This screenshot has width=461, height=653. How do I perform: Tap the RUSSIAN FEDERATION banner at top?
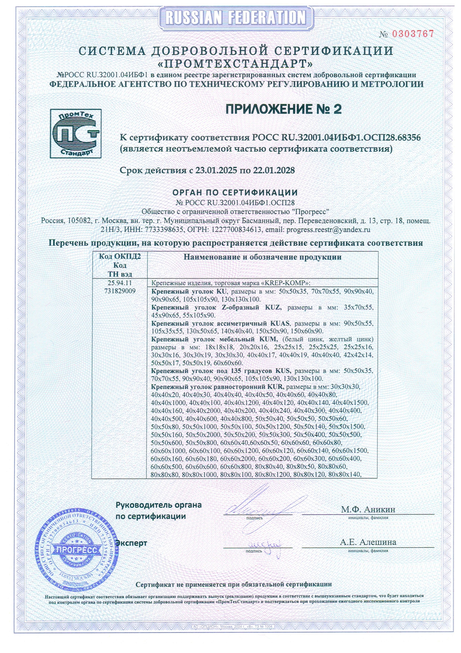pyautogui.click(x=235, y=17)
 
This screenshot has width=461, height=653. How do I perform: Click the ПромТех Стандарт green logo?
pyautogui.click(x=76, y=133)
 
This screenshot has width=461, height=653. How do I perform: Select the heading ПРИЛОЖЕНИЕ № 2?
pyautogui.click(x=283, y=109)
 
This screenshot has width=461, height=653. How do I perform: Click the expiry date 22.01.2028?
pyautogui.click(x=274, y=171)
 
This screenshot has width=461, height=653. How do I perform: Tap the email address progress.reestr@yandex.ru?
pyautogui.click(x=328, y=230)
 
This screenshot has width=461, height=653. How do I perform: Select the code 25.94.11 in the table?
pyautogui.click(x=120, y=283)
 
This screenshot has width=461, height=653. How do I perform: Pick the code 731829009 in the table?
pyautogui.click(x=120, y=291)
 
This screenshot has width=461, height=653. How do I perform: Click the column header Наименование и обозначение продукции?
pyautogui.click(x=262, y=257)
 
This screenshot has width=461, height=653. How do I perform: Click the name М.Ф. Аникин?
pyautogui.click(x=368, y=509)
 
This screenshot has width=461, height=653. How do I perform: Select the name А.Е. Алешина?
pyautogui.click(x=368, y=542)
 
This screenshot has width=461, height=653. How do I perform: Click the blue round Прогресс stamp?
pyautogui.click(x=76, y=550)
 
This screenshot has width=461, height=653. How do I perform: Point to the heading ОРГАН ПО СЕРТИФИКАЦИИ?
pyautogui.click(x=235, y=192)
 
